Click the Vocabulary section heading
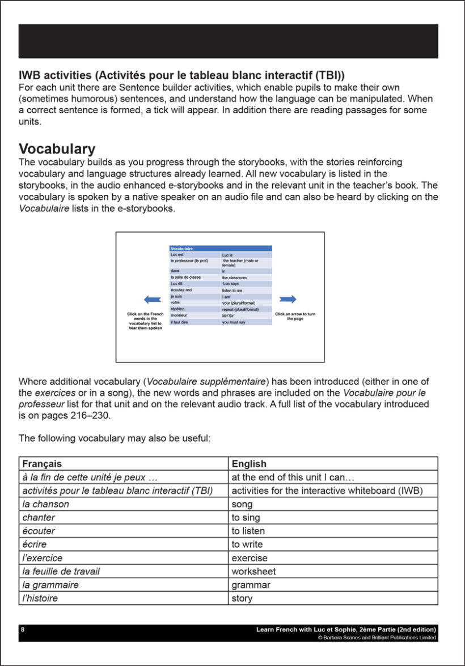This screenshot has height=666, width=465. coord(57,149)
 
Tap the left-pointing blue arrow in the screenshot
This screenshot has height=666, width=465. coord(153,299)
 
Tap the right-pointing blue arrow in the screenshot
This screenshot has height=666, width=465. coord(288,299)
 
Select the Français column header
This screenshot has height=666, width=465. coord(42,464)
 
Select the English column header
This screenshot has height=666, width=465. coord(249,464)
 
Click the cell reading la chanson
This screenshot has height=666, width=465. coord(45,504)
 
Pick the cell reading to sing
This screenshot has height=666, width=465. coord(246,518)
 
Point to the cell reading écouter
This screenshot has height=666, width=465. coord(39,531)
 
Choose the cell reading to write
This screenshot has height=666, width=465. coord(247,545)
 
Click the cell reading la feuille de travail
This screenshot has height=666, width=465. coord(61,571)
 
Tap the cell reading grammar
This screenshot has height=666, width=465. coord(251,585)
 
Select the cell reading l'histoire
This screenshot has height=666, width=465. coord(40,598)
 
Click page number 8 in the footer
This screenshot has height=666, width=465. coord(22,629)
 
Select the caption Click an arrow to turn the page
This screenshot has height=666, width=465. coord(295,316)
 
